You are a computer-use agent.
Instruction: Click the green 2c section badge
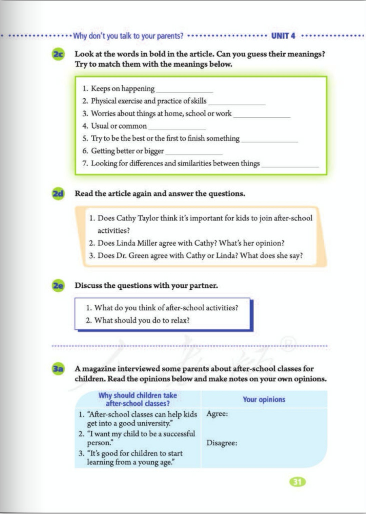(58, 54)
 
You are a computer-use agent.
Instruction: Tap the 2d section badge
(58, 194)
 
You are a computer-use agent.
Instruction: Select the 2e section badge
(58, 286)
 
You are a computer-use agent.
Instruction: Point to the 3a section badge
(58, 369)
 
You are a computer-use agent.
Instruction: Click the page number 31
(297, 482)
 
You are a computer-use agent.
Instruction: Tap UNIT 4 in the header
(283, 36)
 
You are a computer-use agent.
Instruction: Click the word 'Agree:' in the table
(217, 414)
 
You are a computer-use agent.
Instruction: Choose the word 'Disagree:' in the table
(222, 443)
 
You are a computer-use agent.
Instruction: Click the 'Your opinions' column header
(264, 399)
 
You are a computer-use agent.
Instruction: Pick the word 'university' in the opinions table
(153, 424)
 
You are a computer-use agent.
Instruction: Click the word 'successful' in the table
(179, 434)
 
